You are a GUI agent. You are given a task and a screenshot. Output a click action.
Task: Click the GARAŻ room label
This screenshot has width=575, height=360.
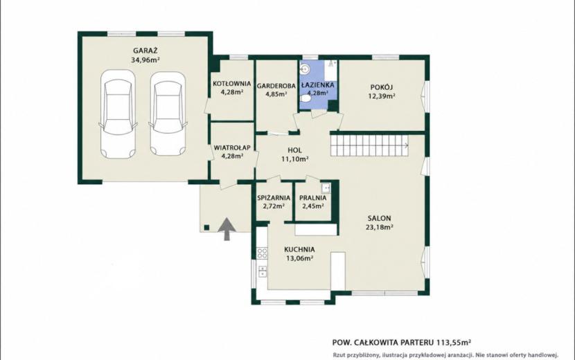click(x=145, y=51)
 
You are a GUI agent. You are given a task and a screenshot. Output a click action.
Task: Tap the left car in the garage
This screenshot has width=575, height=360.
click(x=118, y=114)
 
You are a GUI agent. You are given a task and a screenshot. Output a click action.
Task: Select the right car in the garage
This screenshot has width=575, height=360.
click(x=168, y=114)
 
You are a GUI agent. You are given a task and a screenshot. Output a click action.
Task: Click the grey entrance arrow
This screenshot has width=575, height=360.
click(x=227, y=228)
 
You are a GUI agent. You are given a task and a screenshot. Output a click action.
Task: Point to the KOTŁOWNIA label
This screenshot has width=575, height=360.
click(x=232, y=84)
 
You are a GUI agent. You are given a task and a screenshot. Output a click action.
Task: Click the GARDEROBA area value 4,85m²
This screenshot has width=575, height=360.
click(x=276, y=94)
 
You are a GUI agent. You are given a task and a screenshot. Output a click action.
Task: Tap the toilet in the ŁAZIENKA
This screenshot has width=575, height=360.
click(x=305, y=99)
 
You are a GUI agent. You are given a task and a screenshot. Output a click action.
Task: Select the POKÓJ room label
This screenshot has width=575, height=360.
click(x=382, y=87)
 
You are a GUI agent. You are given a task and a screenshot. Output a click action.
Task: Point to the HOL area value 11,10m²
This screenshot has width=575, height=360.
click(x=294, y=159)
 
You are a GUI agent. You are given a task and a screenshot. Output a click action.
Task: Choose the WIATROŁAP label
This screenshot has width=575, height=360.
click(x=232, y=147)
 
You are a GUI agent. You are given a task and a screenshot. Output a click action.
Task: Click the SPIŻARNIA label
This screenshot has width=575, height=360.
click(x=274, y=198)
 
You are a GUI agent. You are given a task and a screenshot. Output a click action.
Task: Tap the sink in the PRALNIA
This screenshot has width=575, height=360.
click(x=326, y=188)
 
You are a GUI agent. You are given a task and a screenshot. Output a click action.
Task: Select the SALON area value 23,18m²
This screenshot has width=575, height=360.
click(x=379, y=227)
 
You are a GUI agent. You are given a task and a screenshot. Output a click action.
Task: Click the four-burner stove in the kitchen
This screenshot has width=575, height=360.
click(x=262, y=253)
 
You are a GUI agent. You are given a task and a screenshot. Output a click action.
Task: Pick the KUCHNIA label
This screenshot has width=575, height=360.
click(x=299, y=250)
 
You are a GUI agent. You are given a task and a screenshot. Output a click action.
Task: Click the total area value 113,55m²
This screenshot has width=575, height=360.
click(x=454, y=343)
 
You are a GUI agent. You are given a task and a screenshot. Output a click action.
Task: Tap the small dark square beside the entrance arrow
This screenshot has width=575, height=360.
click(x=207, y=227)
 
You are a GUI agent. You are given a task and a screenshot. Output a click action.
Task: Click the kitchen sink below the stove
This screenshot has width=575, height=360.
click(x=263, y=271)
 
